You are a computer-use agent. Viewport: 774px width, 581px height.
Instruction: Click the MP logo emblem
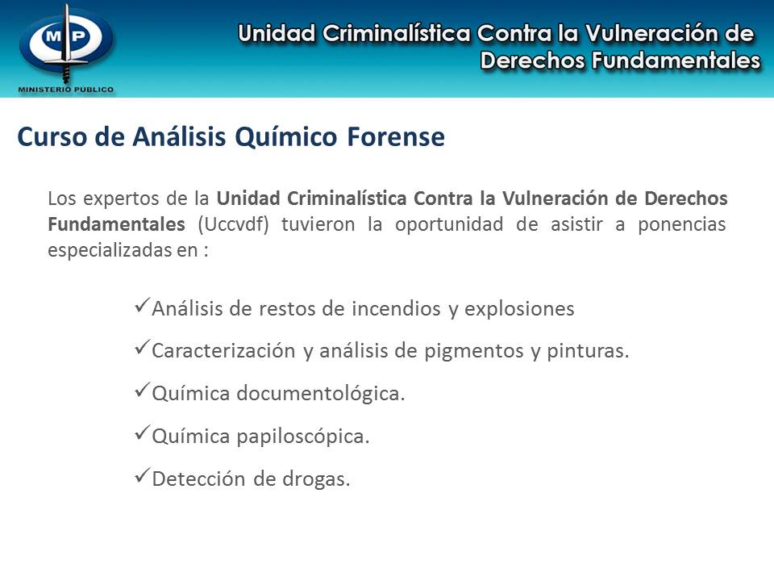(x=66, y=41)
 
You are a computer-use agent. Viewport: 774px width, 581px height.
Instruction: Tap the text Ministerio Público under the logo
(x=66, y=89)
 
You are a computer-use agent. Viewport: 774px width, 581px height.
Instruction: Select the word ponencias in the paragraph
(x=683, y=224)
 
